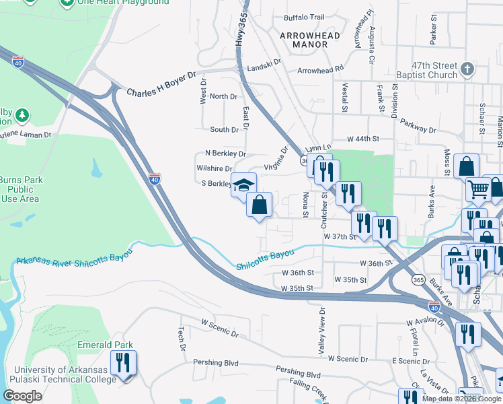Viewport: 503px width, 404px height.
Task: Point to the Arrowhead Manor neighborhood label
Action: coord(310,40)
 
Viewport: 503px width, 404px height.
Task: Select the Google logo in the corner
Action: coord(22,396)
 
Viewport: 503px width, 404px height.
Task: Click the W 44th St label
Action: coord(363,139)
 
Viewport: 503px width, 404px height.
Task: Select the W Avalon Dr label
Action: coord(426,323)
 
